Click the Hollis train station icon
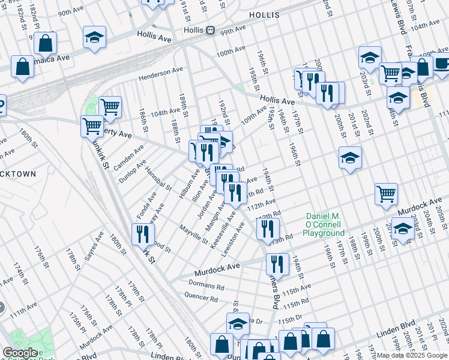(210, 30)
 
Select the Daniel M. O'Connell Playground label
(324, 224)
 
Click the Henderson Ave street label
(160, 74)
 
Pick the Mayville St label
(194, 233)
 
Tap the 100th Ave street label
(231, 53)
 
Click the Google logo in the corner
(20, 352)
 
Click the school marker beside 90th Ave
(94, 38)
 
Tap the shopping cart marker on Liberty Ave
(92, 126)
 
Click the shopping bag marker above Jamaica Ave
(45, 43)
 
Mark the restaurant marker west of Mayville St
(142, 233)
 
